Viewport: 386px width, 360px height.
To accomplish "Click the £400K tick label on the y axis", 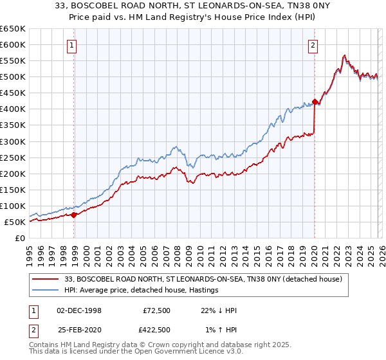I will tap(12, 109).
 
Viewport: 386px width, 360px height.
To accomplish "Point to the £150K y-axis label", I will tap(12, 190).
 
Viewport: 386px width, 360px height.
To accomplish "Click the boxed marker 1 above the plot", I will tap(71, 45).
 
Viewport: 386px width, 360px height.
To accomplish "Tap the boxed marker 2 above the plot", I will tap(313, 45).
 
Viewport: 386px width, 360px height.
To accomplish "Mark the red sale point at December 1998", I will tap(73, 215).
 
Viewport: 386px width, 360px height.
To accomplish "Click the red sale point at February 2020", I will tap(315, 102).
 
